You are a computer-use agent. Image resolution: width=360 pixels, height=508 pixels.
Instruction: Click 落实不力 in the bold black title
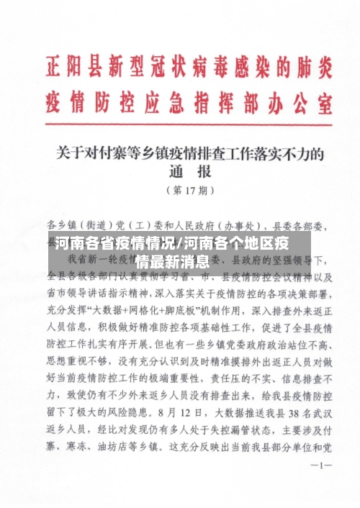[x=297, y=153]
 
